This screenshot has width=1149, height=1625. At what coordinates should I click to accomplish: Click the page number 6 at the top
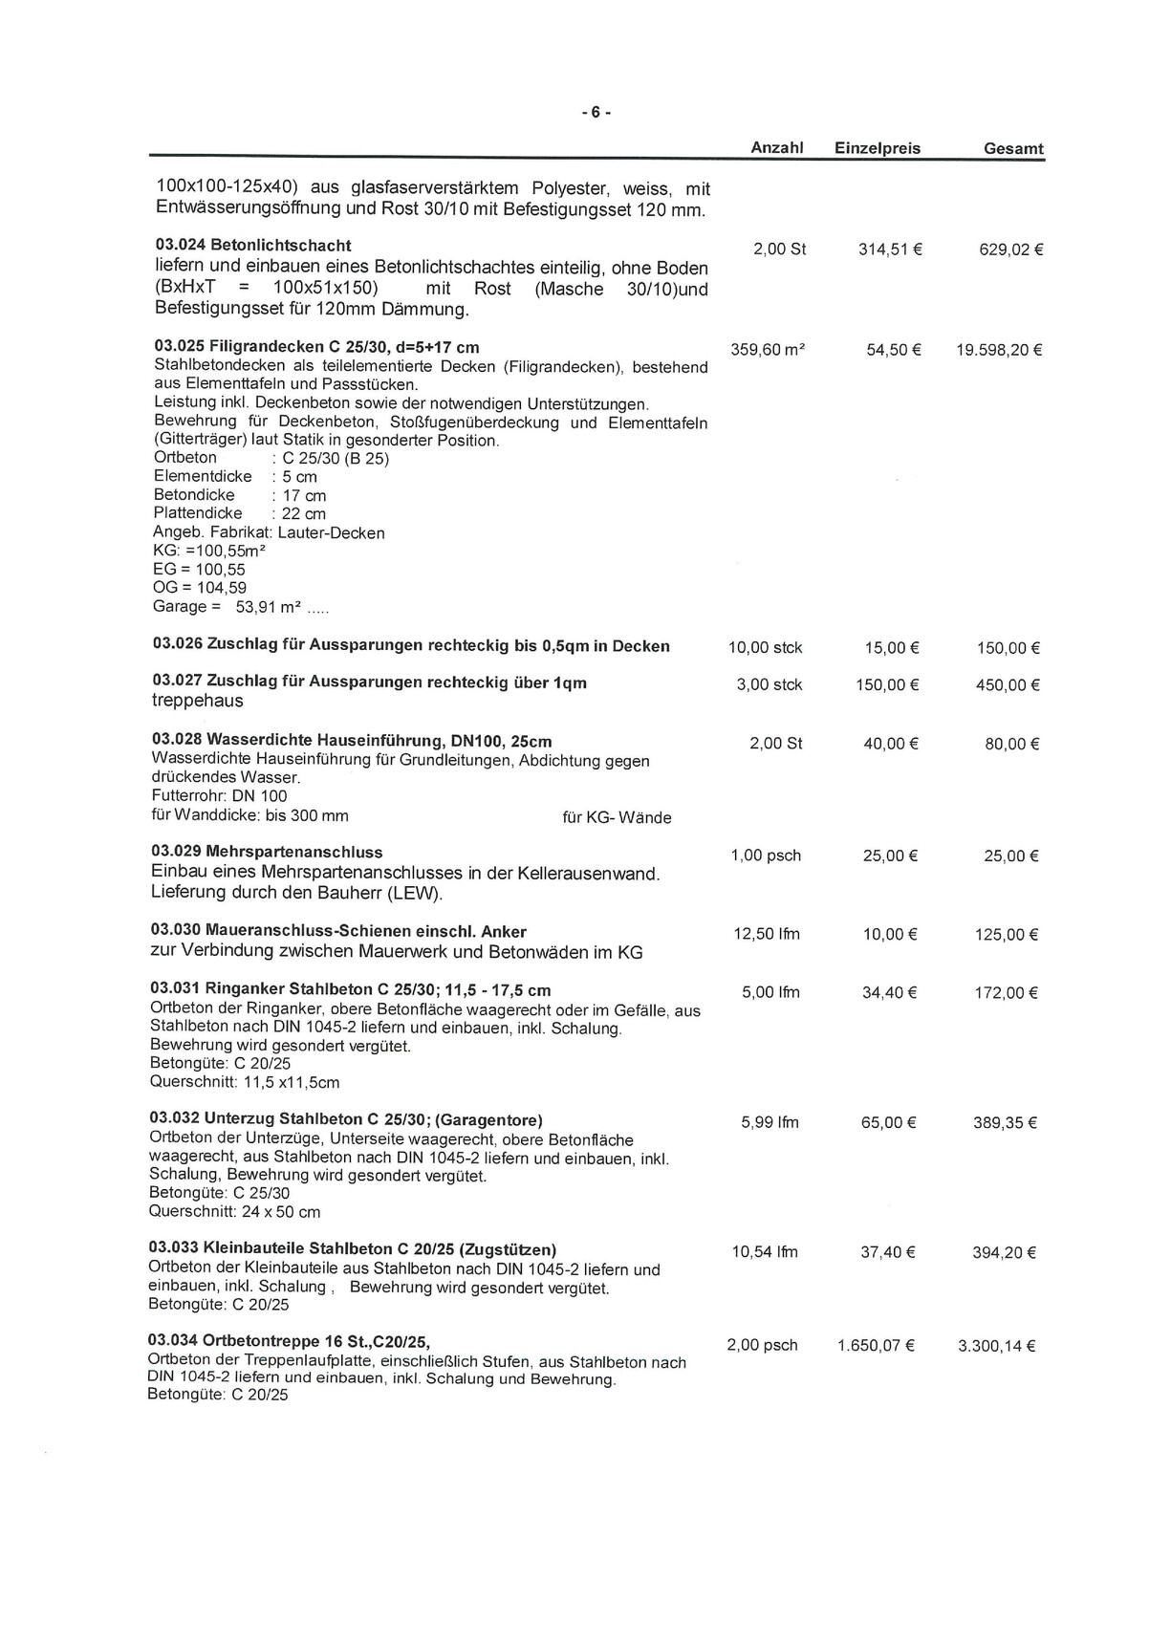595,113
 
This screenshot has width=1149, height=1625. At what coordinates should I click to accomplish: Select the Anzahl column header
776,148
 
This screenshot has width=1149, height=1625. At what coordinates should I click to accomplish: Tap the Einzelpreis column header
878,148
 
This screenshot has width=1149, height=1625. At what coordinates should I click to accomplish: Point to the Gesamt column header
1013,149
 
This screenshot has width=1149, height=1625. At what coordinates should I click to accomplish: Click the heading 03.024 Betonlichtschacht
252,246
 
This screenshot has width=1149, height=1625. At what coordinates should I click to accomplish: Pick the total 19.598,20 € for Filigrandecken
998,350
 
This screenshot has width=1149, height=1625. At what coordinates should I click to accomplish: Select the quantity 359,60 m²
768,350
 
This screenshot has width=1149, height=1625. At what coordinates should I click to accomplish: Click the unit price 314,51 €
889,249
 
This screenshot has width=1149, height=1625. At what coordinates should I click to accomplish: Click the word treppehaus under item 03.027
198,701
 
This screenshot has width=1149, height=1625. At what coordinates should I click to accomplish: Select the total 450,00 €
1008,685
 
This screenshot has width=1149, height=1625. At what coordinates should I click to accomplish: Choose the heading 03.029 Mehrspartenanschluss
267,852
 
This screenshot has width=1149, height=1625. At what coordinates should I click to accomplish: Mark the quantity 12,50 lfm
767,934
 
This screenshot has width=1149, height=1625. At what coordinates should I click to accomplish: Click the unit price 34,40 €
889,993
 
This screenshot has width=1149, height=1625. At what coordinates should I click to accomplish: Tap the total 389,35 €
1005,1123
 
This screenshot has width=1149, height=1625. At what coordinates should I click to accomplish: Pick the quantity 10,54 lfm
765,1252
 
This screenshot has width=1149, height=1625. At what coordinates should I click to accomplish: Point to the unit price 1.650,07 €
876,1346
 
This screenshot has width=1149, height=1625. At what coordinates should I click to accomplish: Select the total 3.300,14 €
997,1346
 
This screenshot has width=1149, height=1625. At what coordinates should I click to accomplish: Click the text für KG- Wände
617,817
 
